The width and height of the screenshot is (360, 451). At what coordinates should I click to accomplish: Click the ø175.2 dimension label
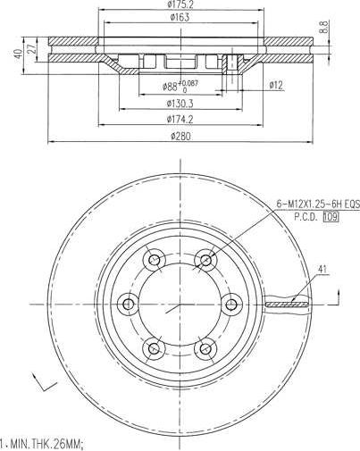pos(181,4)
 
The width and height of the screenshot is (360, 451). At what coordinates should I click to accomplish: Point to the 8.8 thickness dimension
pos(348,28)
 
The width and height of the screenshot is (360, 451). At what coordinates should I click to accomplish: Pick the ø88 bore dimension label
pos(174,86)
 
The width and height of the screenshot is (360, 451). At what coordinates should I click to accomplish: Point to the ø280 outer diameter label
pos(181,137)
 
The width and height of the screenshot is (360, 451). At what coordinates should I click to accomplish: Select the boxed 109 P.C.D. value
pos(331,216)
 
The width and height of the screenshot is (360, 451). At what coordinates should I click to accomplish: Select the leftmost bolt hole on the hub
pos(128,305)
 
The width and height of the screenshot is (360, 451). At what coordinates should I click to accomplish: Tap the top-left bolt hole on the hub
pos(155,260)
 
